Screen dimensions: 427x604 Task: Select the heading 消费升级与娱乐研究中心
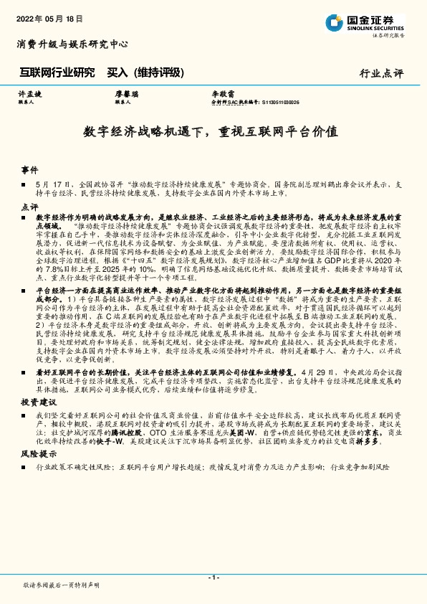[72, 44]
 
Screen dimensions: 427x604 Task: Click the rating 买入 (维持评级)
[140, 72]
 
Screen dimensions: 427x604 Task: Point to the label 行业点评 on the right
[381, 73]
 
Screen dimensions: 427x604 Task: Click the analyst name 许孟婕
[30, 94]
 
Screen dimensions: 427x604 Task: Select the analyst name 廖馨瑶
[126, 94]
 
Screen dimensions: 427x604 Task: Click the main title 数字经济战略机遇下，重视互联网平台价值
[211, 132]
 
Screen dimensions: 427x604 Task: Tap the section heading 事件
[30, 171]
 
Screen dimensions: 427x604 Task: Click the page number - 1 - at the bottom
[214, 577]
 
